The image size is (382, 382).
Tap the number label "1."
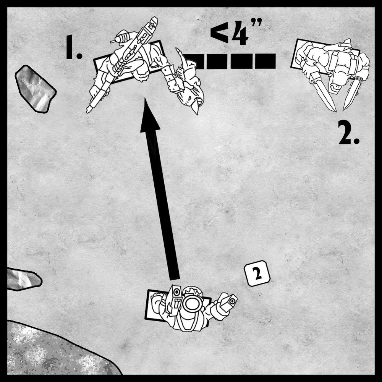click(x=74, y=47)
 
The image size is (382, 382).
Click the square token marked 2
click(x=257, y=273)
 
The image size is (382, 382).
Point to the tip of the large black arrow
click(x=145, y=98)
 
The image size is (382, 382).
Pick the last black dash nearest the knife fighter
click(x=265, y=61)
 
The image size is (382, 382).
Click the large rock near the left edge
click(x=35, y=89)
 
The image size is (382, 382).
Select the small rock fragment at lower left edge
click(x=23, y=279)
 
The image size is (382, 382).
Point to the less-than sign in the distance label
click(x=219, y=34)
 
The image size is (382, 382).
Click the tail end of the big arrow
click(x=175, y=278)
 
